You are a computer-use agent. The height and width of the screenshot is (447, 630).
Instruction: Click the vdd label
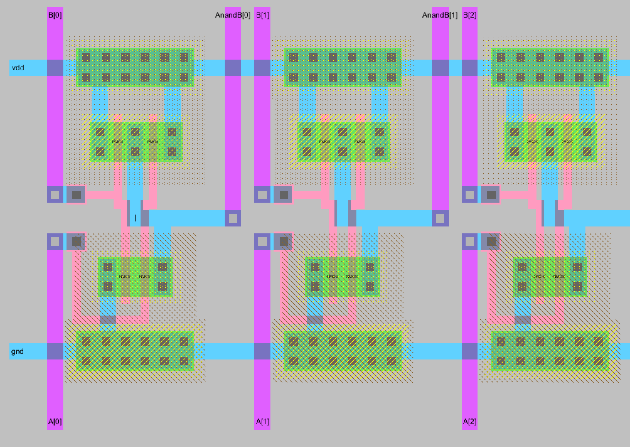coord(18,68)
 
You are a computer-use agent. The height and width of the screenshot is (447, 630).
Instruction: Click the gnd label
coord(17,351)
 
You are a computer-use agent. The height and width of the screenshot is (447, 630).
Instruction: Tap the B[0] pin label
coord(55,15)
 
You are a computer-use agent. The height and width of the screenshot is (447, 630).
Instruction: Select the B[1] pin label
coord(263,15)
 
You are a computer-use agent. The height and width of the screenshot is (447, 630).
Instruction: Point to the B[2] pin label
coord(470,15)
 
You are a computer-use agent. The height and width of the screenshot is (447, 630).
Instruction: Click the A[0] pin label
coord(55,422)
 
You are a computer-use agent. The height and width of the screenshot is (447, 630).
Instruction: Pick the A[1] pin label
coord(263,422)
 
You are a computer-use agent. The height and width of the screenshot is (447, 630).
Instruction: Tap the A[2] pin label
coord(470,422)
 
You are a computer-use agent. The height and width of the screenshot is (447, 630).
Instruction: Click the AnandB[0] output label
coord(232,15)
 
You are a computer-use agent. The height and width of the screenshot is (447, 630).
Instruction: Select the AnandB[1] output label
coord(440,15)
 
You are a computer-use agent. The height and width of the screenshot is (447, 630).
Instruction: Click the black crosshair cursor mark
coord(135,218)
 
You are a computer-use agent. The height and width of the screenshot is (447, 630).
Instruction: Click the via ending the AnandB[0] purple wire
coord(233,218)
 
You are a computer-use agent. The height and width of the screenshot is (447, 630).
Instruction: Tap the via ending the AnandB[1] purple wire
coord(440,218)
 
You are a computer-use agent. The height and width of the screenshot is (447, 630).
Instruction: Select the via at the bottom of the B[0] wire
coord(55,194)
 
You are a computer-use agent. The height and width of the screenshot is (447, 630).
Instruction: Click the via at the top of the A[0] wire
coord(55,242)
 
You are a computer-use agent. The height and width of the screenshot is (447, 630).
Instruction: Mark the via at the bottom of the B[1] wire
coord(262,194)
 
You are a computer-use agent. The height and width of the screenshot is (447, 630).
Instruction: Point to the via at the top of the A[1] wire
coord(262,242)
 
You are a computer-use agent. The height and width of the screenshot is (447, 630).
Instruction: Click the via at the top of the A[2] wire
coord(470,242)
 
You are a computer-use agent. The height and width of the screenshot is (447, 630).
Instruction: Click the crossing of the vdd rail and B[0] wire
coord(55,68)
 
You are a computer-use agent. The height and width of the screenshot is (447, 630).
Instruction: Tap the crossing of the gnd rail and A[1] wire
coord(262,351)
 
